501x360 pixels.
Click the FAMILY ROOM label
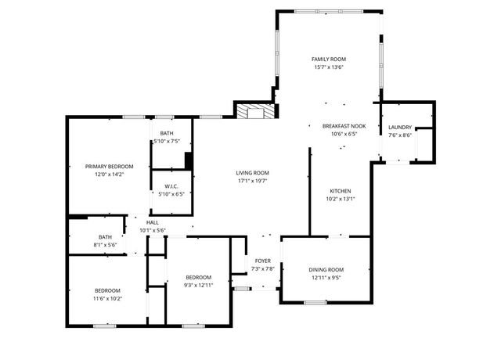328,59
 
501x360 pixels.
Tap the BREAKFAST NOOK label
344,126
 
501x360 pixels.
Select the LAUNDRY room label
399,128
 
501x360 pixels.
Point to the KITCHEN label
340,191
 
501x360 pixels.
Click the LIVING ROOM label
252,173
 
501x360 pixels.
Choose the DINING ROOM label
325,270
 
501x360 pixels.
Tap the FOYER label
262,261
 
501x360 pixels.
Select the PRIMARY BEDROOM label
109,167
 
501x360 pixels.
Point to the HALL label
152,222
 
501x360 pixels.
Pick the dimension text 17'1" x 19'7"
252,181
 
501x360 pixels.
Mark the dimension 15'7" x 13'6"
328,67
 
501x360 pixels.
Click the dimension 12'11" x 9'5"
325,278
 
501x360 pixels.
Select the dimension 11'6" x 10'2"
108,298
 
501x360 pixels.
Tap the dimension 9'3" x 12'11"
198,286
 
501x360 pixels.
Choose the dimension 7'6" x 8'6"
399,135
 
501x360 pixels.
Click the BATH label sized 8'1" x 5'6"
105,237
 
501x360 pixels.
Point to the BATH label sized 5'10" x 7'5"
167,134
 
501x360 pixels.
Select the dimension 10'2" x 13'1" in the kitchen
340,199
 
